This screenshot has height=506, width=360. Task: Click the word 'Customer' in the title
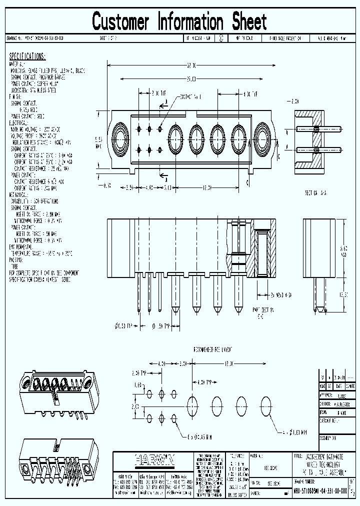tap(120, 22)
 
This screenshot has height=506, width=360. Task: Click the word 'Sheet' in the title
tap(248, 22)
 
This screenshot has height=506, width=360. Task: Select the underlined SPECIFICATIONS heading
tap(27, 56)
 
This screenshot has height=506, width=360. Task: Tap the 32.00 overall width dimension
tap(192, 65)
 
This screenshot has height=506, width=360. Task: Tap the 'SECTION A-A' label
tap(315, 192)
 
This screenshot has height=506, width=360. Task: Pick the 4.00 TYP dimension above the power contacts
tap(249, 93)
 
